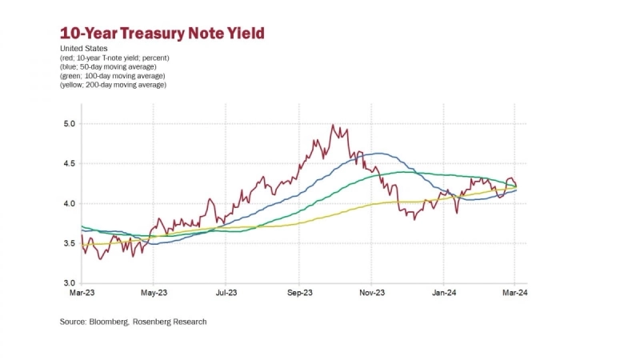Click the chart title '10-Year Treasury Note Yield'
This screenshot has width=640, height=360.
click(162, 34)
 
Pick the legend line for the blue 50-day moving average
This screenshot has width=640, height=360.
click(112, 66)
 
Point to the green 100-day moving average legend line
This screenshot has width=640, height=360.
click(113, 75)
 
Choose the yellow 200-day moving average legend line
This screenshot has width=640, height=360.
click(113, 84)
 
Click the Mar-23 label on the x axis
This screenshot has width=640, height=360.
click(82, 294)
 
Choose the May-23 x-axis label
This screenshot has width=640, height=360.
click(154, 294)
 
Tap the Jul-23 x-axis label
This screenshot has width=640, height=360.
click(226, 294)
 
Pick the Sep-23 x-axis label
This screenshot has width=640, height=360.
click(299, 294)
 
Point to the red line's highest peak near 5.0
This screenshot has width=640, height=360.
click(332, 126)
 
